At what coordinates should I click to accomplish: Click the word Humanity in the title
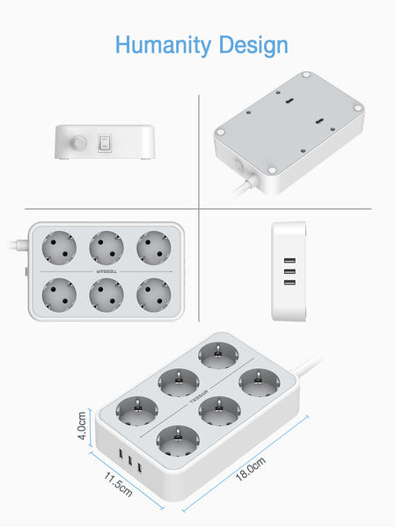[164, 45]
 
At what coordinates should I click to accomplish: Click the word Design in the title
[253, 46]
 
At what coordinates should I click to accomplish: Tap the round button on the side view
[78, 143]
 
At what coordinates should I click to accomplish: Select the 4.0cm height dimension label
[82, 426]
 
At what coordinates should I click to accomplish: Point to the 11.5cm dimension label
[118, 484]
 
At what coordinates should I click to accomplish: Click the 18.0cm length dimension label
[251, 469]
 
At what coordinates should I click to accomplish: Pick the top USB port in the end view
[290, 261]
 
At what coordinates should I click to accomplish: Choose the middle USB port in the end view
[290, 271]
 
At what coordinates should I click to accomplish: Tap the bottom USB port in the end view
[290, 282]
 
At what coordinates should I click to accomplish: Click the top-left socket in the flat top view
[59, 248]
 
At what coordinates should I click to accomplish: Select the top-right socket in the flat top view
[153, 248]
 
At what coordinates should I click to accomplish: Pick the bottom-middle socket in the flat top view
[106, 295]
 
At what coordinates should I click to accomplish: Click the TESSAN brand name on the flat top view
[106, 271]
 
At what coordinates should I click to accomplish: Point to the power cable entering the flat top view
[17, 245]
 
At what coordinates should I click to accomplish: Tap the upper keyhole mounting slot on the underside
[290, 101]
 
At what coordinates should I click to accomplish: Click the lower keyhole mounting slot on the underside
[320, 121]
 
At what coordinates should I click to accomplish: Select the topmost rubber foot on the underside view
[306, 75]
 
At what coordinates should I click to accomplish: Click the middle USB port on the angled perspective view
[129, 459]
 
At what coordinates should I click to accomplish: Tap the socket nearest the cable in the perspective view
[260, 382]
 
